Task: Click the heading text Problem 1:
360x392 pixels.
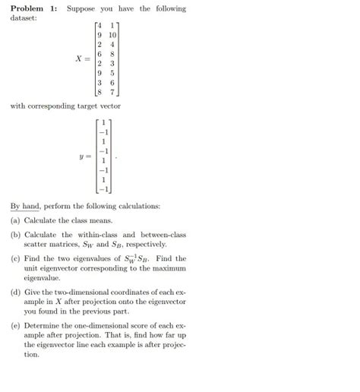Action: [x=34, y=8]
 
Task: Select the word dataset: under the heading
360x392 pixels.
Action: [x=25, y=18]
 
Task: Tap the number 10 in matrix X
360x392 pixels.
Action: [x=112, y=35]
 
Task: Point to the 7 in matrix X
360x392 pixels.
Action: [x=112, y=93]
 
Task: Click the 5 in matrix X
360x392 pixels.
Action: [x=112, y=74]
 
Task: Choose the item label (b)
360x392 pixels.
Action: [x=16, y=235]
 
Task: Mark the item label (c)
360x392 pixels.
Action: [x=16, y=258]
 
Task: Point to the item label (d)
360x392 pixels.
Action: [x=16, y=292]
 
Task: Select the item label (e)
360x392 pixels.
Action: [x=16, y=324]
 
